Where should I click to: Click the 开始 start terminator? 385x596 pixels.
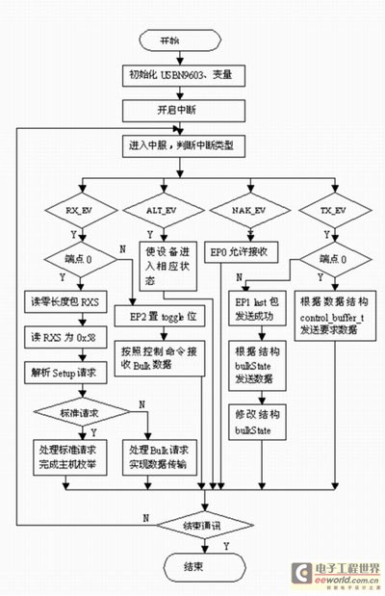(x=169, y=39)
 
